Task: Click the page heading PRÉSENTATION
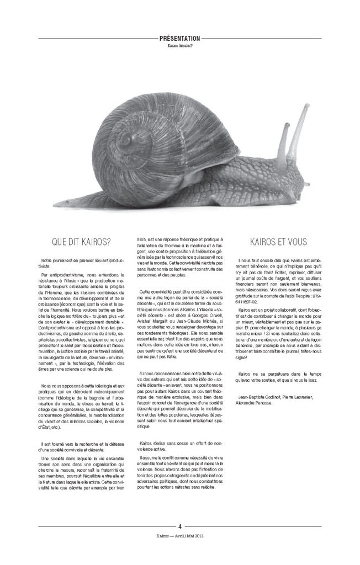(x=179, y=39)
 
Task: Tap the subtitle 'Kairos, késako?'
(x=179, y=46)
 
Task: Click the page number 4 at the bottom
(x=179, y=526)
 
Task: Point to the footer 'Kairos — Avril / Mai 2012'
(x=179, y=535)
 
